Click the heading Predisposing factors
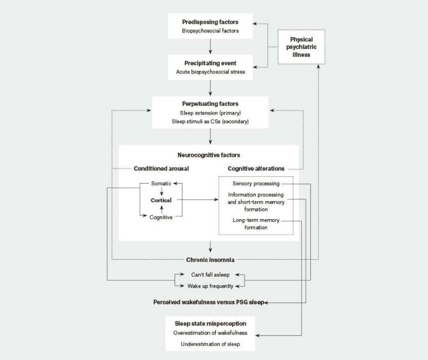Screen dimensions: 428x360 [x=210, y=22]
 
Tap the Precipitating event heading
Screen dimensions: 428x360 [x=210, y=63]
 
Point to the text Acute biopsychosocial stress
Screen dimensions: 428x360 [x=210, y=72]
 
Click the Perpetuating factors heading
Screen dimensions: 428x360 [x=210, y=104]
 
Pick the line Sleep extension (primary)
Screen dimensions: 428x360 [x=210, y=113]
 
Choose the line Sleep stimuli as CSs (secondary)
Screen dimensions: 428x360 [x=210, y=121]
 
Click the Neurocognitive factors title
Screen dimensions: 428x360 [x=209, y=155]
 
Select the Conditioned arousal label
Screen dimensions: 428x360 [x=161, y=169]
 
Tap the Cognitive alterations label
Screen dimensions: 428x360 [x=256, y=169]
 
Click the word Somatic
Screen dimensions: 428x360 [x=161, y=184]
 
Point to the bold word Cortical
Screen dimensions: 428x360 [x=161, y=200]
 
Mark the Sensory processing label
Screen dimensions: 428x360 [x=256, y=184]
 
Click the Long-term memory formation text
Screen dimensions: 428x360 [x=256, y=224]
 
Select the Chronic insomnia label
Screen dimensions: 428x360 [x=210, y=260]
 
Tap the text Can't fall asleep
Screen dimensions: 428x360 [x=210, y=275]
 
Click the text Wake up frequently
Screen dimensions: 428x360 [x=210, y=286]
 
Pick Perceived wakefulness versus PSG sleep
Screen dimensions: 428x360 [x=209, y=302]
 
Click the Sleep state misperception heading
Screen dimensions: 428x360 [x=210, y=324]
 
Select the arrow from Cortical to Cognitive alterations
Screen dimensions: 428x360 [x=198, y=200]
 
